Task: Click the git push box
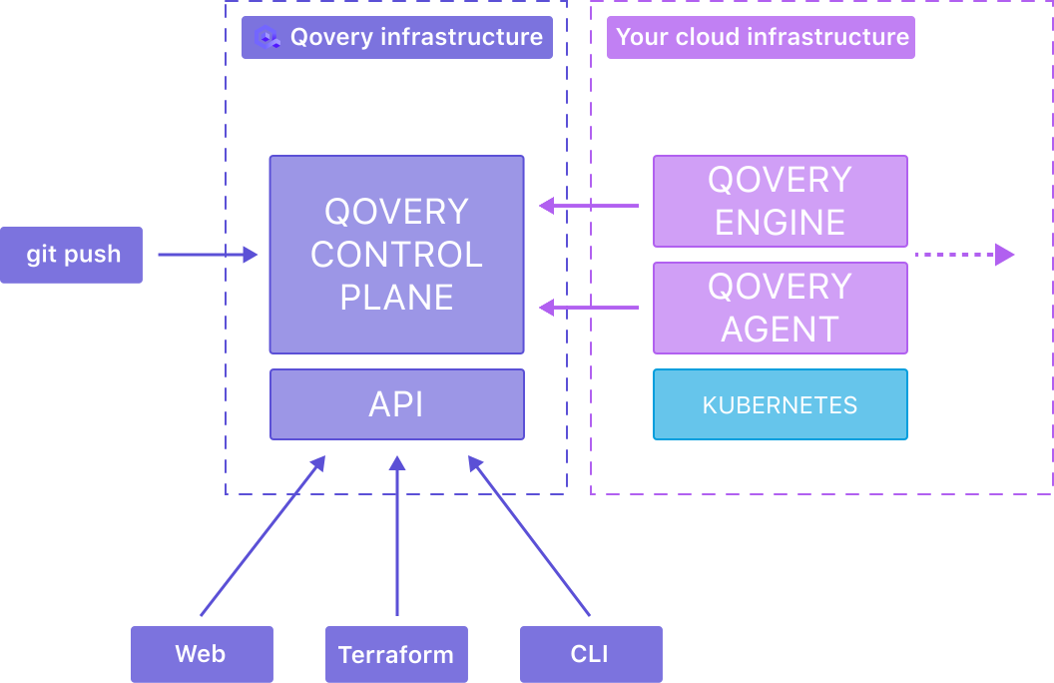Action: tap(72, 255)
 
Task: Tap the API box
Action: tap(396, 404)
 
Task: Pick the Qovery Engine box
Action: tap(780, 201)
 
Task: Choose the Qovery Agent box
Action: tap(780, 308)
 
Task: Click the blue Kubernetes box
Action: tap(780, 404)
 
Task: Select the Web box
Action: tap(202, 654)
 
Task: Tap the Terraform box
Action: tap(396, 654)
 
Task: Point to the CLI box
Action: tap(590, 654)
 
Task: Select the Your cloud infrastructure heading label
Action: tap(762, 38)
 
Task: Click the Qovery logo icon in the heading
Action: tap(266, 38)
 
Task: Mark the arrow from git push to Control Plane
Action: tap(207, 255)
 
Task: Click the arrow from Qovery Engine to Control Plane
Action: tap(589, 206)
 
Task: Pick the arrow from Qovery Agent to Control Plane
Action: tap(589, 309)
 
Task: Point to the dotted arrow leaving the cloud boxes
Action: tap(963, 255)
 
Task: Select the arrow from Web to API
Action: tap(263, 535)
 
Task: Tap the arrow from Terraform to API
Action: tap(397, 535)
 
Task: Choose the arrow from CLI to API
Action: tap(530, 535)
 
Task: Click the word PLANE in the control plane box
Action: tap(396, 297)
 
